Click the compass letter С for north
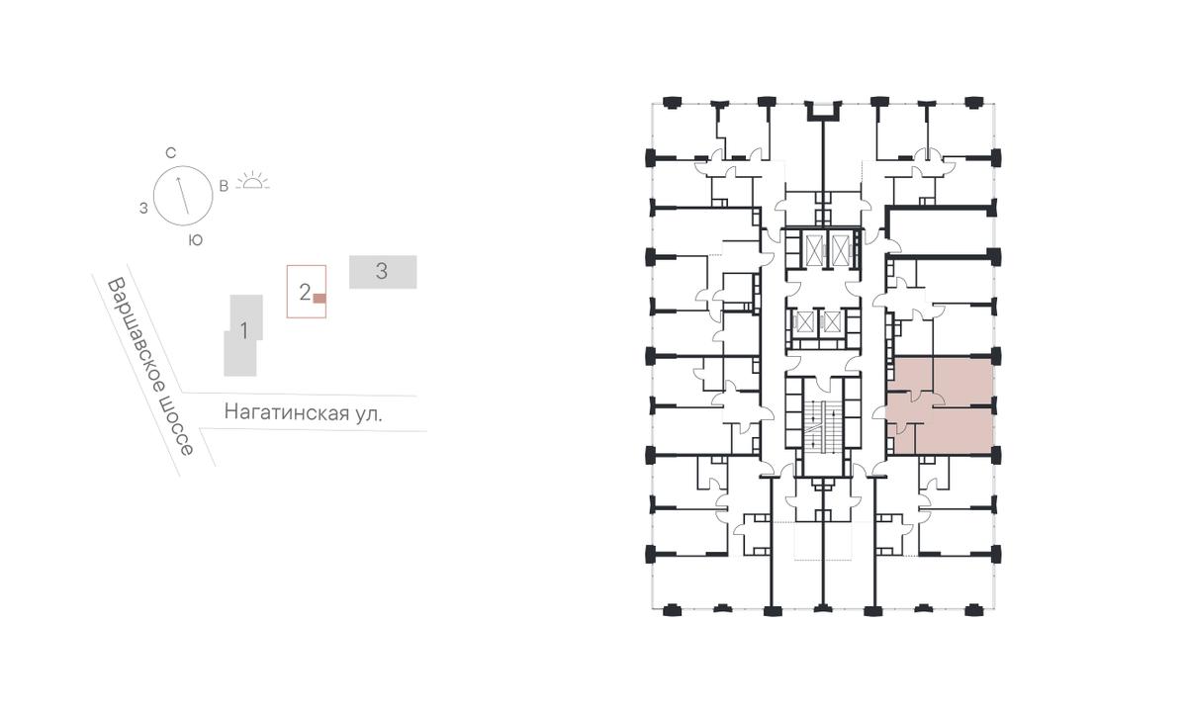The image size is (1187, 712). tap(170, 153)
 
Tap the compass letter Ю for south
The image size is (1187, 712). tap(196, 240)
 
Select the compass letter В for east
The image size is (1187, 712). tap(224, 186)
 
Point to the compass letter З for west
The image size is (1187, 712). tap(143, 209)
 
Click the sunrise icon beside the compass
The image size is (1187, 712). tap(253, 181)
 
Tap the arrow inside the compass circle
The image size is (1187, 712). tap(182, 196)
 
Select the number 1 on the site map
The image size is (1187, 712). tap(243, 331)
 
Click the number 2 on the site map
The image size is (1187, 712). tap(305, 292)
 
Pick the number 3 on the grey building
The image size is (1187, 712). tap(382, 271)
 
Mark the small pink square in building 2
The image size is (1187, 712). tap(319, 299)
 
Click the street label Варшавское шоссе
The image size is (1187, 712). tap(151, 366)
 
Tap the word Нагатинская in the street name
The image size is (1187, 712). tap(286, 412)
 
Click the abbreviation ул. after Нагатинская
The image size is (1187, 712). tap(368, 413)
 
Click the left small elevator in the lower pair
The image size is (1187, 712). tap(805, 322)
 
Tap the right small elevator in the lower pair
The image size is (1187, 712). tap(833, 322)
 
